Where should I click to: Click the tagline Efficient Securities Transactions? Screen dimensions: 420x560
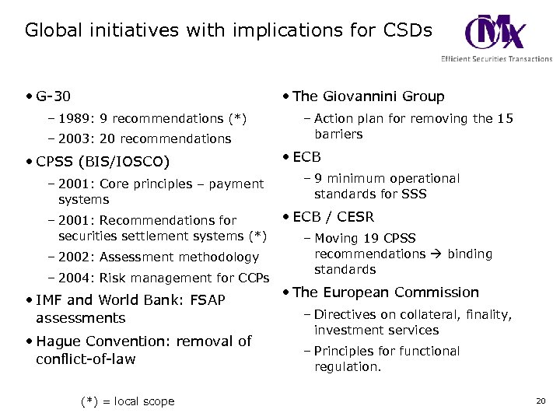tap(496, 59)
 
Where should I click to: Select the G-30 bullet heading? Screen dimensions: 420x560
tap(53, 96)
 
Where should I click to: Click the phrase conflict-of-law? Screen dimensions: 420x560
tap(86, 359)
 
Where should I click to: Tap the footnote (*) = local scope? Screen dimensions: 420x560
tap(128, 402)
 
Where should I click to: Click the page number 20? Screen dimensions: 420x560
tap(541, 401)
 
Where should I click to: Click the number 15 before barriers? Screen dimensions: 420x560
tap(505, 119)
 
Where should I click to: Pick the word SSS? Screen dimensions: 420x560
tap(414, 194)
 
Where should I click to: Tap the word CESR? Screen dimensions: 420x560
tap(355, 217)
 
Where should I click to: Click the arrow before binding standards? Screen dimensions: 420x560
tap(435, 254)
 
